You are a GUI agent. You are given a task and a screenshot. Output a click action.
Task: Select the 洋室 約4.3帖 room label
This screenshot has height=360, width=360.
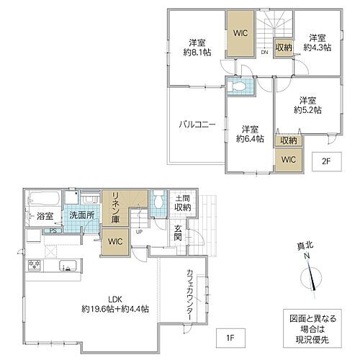[315, 42]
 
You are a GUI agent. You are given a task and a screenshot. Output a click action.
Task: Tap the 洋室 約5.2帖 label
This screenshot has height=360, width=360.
[307, 105]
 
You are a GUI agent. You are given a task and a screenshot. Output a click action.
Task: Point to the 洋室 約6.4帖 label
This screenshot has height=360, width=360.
[248, 133]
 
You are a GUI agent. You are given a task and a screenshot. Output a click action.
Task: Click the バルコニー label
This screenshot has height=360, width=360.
[197, 125]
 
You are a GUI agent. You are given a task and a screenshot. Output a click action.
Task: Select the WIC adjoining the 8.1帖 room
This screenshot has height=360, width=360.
[240, 32]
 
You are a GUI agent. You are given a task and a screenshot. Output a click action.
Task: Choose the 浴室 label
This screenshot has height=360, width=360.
[43, 216]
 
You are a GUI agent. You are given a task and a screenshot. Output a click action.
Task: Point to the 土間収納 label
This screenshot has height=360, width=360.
[182, 202]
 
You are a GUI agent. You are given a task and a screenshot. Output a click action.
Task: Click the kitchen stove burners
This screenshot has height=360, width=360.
[35, 266]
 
